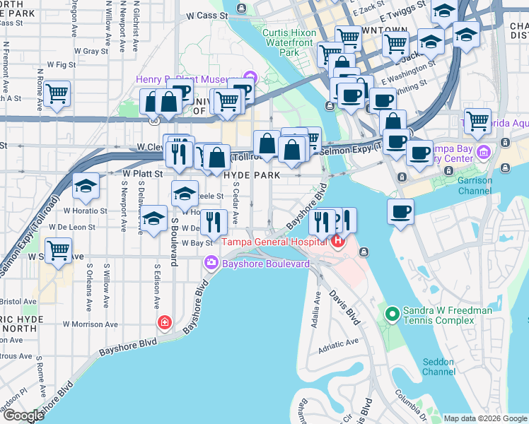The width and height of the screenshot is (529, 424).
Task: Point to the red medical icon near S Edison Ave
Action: pos(165,322)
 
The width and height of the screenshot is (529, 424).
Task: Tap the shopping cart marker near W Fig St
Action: pos(57,93)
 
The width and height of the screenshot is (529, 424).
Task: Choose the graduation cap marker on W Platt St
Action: pos(86,186)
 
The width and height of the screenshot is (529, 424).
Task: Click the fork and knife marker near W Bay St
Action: pos(213,221)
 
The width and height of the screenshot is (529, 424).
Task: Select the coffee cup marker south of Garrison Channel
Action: pos(400,211)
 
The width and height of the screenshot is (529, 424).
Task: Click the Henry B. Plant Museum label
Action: pos(187,78)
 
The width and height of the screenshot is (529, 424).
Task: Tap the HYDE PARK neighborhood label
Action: pos(252,175)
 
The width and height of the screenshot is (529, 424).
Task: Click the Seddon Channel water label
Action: pos(438,367)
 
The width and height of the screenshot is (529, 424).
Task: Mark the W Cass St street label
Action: pos(207,14)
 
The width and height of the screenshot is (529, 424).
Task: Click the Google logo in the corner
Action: pos(23,416)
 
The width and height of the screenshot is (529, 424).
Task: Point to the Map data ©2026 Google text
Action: pos(484,418)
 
